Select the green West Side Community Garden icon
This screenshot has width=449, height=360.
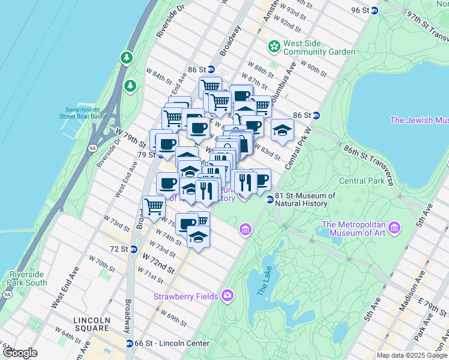tap(274, 46)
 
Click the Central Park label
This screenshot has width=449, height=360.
tap(361, 181)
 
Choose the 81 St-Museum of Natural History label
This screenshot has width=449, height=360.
tap(305, 200)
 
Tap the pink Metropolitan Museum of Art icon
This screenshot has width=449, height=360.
tap(394, 228)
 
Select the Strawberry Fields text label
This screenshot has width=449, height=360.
tap(187, 296)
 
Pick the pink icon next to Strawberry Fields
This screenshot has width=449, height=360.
tap(228, 295)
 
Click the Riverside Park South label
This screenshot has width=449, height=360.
tap(28, 278)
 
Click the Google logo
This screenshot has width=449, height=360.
tap(20, 353)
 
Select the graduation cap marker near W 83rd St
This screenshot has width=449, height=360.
tap(282, 130)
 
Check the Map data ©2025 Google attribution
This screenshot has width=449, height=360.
tap(412, 355)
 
